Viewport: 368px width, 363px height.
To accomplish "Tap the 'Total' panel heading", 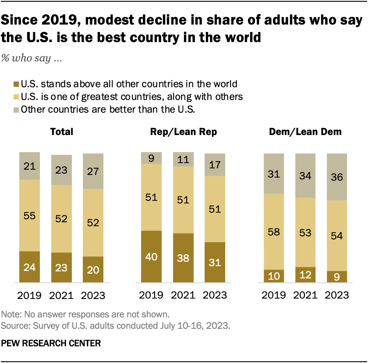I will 62,132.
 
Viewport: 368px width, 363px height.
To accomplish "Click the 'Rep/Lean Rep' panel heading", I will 183,132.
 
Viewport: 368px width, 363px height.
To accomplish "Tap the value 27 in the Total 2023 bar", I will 93,171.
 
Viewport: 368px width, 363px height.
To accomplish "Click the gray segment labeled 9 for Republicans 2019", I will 151,158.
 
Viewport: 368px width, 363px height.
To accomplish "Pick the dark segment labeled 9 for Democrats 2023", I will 336,277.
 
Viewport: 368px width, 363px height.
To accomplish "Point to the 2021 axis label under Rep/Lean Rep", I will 183,295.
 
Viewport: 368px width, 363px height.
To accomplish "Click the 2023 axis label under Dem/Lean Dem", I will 336,295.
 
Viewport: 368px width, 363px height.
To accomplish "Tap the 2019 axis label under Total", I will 30,295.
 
